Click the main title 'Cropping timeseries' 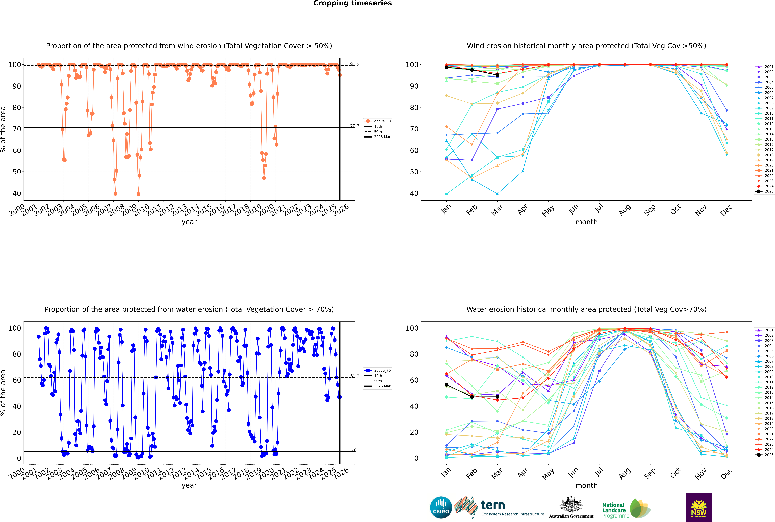click(x=352, y=3)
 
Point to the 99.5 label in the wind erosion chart click(x=355, y=64)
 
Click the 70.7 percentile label click(x=355, y=126)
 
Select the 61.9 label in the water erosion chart click(x=355, y=376)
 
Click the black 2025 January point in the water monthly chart click(x=446, y=385)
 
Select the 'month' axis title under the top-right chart click(x=586, y=222)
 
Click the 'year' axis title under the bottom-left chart click(x=189, y=485)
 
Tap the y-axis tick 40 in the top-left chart click(x=17, y=193)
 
